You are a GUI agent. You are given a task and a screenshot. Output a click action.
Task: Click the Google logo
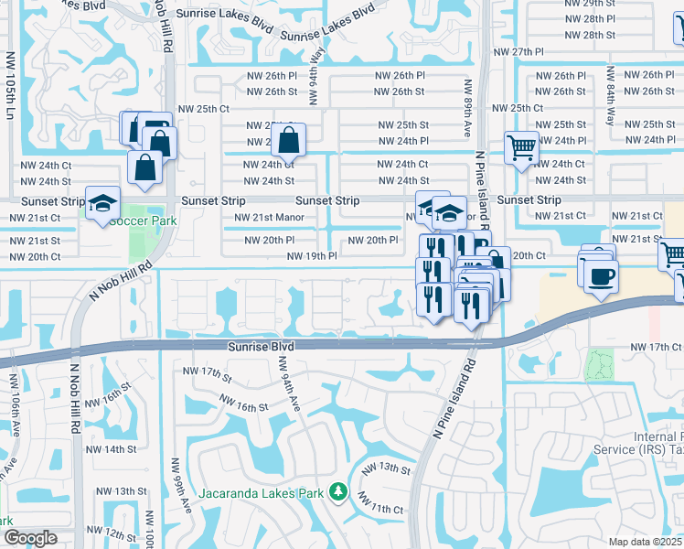(x=29, y=538)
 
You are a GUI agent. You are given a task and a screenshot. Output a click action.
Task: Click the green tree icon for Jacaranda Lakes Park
(x=338, y=493)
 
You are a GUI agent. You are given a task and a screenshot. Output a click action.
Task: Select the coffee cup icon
(x=599, y=276)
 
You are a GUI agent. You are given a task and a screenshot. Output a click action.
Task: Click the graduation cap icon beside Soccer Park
(x=102, y=203)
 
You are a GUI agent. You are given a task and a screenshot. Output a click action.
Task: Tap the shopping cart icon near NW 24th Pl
(x=521, y=146)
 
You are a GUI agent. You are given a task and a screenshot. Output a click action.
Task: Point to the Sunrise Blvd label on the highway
(x=261, y=348)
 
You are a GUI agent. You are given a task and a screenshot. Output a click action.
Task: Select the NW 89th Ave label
(x=467, y=107)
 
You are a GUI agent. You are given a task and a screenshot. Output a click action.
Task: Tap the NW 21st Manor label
(x=269, y=217)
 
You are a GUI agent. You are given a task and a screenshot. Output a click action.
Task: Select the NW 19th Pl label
(x=312, y=257)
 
